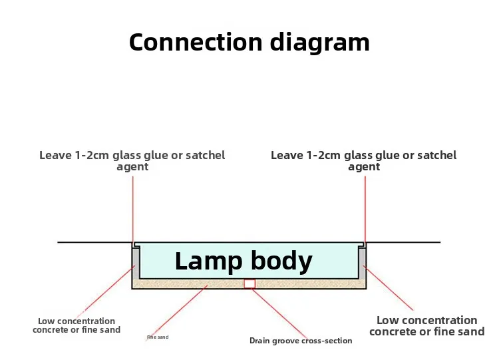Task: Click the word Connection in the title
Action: (196, 42)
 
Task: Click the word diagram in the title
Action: (320, 43)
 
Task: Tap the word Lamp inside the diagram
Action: (208, 261)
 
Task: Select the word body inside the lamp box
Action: (281, 261)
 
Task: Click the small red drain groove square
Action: (249, 283)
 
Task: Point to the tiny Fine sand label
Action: (158, 337)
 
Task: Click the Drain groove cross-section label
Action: (301, 341)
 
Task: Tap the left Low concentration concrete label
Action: (77, 325)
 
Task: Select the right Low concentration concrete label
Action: (426, 325)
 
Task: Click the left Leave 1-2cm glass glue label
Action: (132, 161)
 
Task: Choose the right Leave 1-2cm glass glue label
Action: (364, 161)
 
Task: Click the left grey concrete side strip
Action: (136, 264)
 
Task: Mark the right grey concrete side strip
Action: (363, 264)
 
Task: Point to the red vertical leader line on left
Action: (132, 209)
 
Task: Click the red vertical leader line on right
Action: (365, 209)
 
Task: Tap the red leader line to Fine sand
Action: (176, 313)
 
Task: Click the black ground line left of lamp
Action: (95, 242)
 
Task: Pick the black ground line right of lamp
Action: (403, 242)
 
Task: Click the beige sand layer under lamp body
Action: (191, 284)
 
